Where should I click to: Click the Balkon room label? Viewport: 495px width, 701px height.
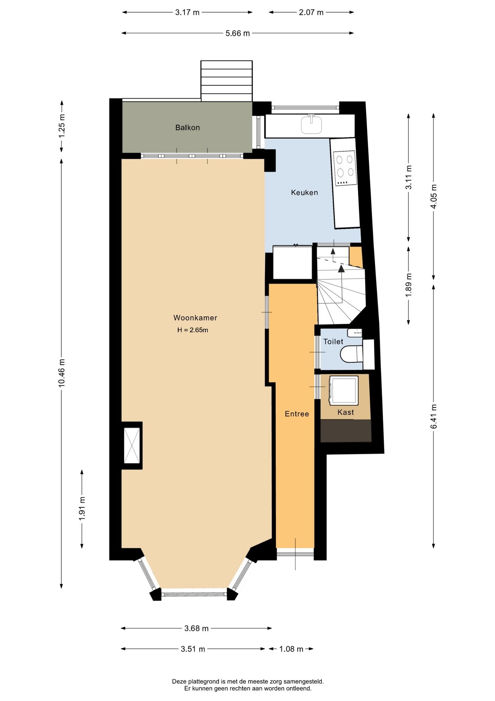pyautogui.click(x=187, y=127)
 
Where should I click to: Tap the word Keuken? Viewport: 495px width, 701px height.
pyautogui.click(x=304, y=192)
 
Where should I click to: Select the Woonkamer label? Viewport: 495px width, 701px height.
pyautogui.click(x=195, y=318)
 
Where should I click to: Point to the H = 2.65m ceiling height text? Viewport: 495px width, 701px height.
pyautogui.click(x=193, y=330)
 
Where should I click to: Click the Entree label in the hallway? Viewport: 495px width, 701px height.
pyautogui.click(x=297, y=414)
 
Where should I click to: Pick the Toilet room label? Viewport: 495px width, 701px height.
pyautogui.click(x=333, y=341)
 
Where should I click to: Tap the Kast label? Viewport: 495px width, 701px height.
pyautogui.click(x=346, y=412)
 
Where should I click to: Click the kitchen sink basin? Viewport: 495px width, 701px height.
pyautogui.click(x=311, y=125)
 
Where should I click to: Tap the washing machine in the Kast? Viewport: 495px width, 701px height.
pyautogui.click(x=343, y=390)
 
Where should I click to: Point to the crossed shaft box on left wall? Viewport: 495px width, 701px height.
pyautogui.click(x=132, y=445)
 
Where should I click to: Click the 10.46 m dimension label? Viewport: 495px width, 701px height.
pyautogui.click(x=62, y=373)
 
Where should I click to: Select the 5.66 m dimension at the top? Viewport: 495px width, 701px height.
pyautogui.click(x=238, y=33)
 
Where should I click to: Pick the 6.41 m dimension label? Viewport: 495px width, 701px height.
pyautogui.click(x=433, y=417)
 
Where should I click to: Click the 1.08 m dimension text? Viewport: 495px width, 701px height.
pyautogui.click(x=291, y=649)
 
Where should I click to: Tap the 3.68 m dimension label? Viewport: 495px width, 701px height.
pyautogui.click(x=196, y=628)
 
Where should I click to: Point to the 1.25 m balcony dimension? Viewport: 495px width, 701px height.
pyautogui.click(x=62, y=126)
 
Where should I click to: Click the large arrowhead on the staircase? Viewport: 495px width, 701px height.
pyautogui.click(x=341, y=269)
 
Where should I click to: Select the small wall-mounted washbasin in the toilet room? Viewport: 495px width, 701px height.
pyautogui.click(x=355, y=333)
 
